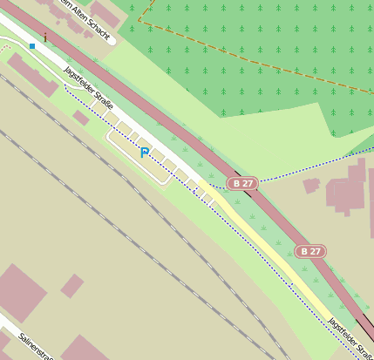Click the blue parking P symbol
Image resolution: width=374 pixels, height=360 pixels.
pos(145,153)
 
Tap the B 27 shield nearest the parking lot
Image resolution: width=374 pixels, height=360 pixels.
pos(243,183)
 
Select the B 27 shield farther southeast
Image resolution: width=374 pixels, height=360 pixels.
pos(309,251)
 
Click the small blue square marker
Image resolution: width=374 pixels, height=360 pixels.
pos(32,45)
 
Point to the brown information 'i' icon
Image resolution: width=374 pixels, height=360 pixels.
pos(45,37)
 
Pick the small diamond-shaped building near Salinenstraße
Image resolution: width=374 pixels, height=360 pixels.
pos(71,285)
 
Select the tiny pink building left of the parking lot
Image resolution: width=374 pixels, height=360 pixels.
pos(80,117)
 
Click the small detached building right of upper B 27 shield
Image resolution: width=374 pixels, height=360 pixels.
pos(311,185)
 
